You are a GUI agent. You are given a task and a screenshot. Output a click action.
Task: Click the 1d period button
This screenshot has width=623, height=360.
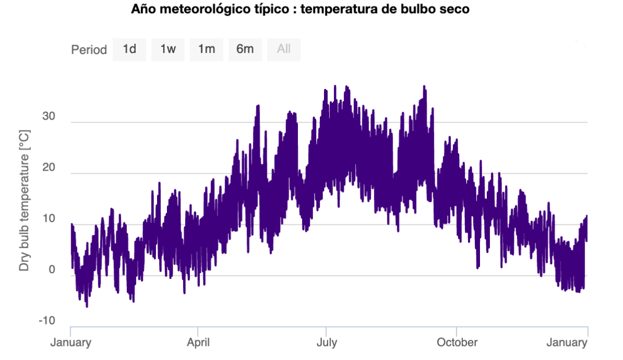pyautogui.click(x=129, y=49)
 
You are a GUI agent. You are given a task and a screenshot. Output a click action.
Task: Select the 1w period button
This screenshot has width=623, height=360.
pyautogui.click(x=168, y=49)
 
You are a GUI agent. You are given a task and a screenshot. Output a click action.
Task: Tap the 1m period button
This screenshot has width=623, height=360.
pyautogui.click(x=206, y=49)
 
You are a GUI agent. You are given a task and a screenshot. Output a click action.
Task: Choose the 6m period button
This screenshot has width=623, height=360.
pyautogui.click(x=245, y=49)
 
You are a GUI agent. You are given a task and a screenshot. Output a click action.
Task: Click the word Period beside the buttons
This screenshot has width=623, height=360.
pyautogui.click(x=89, y=50)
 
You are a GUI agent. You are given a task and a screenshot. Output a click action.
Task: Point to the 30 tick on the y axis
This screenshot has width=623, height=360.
pyautogui.click(x=48, y=117)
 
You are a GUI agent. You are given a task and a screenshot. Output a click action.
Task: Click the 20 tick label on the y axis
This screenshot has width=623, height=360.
pyautogui.click(x=48, y=168)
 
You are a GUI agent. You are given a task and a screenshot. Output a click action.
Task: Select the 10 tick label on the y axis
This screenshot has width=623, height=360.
pyautogui.click(x=48, y=218)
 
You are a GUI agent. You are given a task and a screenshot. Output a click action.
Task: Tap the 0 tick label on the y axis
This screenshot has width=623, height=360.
pyautogui.click(x=51, y=269)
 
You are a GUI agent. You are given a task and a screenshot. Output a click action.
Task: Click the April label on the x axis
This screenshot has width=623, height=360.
pyautogui.click(x=198, y=342)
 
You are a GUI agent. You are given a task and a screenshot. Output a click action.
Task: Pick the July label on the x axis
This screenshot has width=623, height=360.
pyautogui.click(x=326, y=342)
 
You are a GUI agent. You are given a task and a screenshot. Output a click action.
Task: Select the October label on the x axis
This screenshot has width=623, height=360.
pyautogui.click(x=457, y=342)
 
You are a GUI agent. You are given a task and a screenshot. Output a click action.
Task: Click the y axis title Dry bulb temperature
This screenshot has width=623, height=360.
pyautogui.click(x=24, y=200)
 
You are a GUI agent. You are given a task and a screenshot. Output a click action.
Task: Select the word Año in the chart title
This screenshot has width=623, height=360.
pyautogui.click(x=142, y=9)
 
